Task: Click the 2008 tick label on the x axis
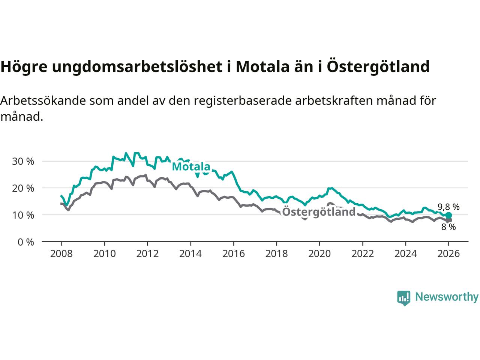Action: point(61,254)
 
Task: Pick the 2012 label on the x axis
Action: point(147,254)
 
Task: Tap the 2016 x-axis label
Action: point(234,254)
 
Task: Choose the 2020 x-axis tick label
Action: point(319,254)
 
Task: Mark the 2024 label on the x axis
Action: point(406,254)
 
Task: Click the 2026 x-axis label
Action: point(449,254)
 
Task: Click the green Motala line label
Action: point(191,167)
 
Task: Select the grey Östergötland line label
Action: point(319,212)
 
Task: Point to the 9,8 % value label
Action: point(448,207)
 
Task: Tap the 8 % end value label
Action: point(448,227)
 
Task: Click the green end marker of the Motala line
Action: point(449,215)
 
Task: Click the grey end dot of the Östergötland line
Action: point(449,220)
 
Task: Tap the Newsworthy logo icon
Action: point(403,298)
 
